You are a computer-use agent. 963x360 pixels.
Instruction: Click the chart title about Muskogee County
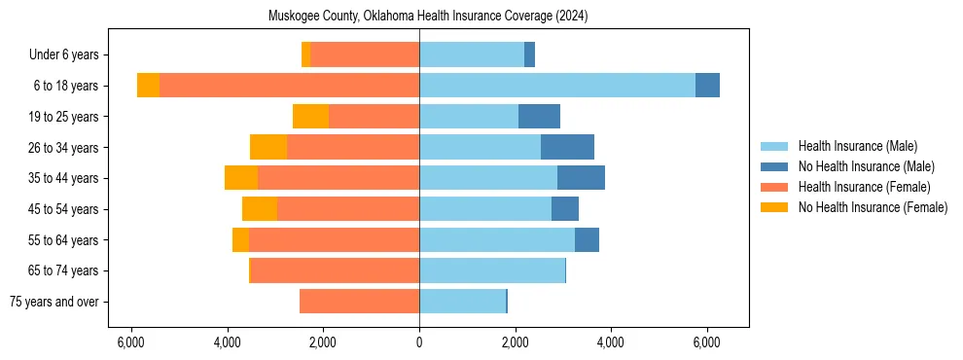[428, 17]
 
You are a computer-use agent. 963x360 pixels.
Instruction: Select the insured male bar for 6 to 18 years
[557, 86]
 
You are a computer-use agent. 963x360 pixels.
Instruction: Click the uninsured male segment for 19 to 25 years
[539, 117]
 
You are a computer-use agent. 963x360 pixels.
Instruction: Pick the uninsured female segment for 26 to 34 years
[268, 147]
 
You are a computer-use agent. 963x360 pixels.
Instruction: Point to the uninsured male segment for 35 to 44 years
[581, 178]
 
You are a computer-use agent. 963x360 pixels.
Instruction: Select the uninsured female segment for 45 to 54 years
[260, 209]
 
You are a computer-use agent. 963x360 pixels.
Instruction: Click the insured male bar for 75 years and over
[463, 302]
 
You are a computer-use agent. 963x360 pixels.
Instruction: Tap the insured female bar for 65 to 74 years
[335, 270]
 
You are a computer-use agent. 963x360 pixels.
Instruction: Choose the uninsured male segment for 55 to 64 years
[587, 239]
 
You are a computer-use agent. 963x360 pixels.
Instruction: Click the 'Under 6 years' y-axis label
[70, 55]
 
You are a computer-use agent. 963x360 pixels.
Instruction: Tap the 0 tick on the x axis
[419, 342]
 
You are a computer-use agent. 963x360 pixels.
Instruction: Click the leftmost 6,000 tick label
[131, 342]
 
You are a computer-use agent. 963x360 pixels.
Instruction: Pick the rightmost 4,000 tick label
[611, 342]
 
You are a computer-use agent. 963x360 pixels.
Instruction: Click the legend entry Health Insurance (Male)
[857, 146]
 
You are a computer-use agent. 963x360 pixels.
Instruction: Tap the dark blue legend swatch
[774, 166]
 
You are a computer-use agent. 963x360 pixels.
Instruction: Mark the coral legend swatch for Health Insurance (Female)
[774, 187]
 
